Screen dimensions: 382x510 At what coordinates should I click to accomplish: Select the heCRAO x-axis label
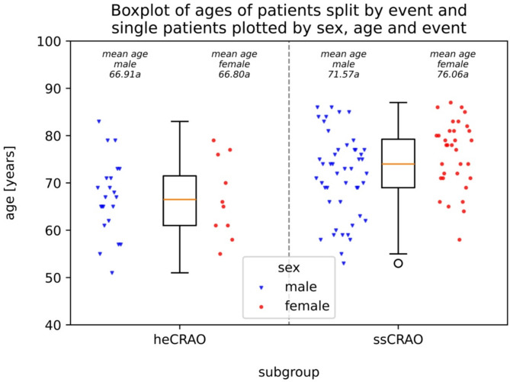point(180,339)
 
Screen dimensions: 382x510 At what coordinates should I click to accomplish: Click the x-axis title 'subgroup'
point(288,371)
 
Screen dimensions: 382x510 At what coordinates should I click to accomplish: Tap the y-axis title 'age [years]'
point(11,183)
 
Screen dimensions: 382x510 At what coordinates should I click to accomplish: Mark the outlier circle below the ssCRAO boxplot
point(398,263)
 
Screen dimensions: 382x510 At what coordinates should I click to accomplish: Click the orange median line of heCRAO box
point(180,199)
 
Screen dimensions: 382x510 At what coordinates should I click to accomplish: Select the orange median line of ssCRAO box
point(398,164)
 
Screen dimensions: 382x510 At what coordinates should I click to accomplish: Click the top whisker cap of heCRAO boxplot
point(180,121)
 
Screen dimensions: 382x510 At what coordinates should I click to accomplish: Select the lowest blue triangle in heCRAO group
point(112,273)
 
